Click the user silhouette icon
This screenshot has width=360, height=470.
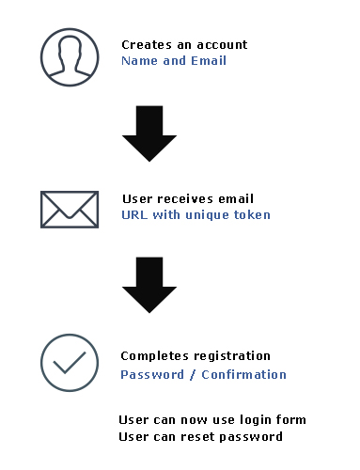tap(70, 59)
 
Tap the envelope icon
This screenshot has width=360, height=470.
tap(69, 209)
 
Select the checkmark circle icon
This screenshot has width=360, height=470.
tap(70, 363)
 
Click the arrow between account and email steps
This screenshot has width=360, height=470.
tap(149, 133)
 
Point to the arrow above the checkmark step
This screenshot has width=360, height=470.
tap(149, 283)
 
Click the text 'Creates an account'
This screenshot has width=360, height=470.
tap(184, 44)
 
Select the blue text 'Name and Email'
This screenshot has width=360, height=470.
tap(174, 60)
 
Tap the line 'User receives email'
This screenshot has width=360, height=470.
tap(188, 198)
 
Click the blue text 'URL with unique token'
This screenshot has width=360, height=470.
tap(196, 214)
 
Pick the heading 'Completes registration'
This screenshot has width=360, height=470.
tap(196, 356)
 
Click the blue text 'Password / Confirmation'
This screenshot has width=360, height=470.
tap(203, 374)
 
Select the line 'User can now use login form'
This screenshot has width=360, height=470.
tap(212, 419)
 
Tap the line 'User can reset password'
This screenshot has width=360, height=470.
tap(200, 436)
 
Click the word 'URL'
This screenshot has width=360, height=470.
tap(133, 214)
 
